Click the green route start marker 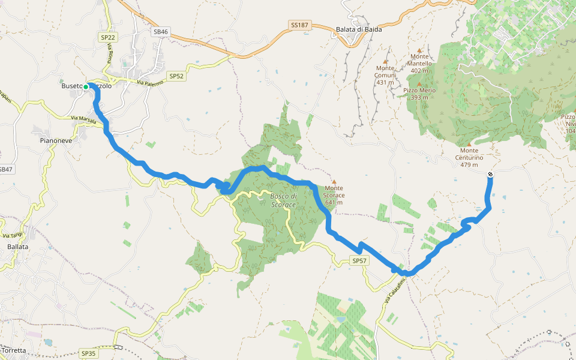coord(86,87)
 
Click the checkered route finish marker coord(490,175)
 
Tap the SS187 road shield coord(299,25)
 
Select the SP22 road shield coord(107,37)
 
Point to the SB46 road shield coord(160,31)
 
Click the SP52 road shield coord(176,76)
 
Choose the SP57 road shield coord(359,261)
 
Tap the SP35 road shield coord(88,353)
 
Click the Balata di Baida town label coord(359,29)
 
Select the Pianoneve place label coord(56,140)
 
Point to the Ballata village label coord(18,247)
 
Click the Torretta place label coord(14,350)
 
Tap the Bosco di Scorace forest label coord(283,200)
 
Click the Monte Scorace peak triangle coord(334,182)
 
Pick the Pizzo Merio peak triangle coord(419,85)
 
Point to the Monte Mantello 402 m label coord(419,64)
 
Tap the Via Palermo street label coord(150,83)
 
